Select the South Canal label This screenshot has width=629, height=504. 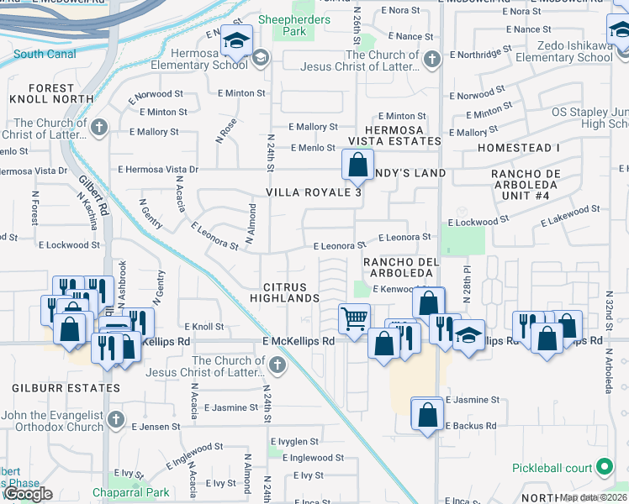(x=45, y=54)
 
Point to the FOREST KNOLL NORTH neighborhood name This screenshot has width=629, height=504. (x=50, y=93)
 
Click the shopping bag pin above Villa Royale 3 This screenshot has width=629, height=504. (x=357, y=165)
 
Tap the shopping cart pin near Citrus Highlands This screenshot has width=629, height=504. (x=354, y=319)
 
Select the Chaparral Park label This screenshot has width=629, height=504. (x=136, y=493)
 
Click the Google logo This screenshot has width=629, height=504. (x=27, y=494)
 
